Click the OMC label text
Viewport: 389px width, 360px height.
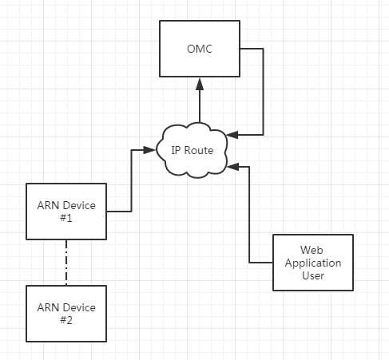coord(200,49)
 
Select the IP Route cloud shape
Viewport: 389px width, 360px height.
coord(192,150)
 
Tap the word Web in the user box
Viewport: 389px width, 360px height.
coord(312,250)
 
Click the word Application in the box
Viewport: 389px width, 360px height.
coord(313,263)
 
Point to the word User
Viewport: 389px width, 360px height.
coord(313,275)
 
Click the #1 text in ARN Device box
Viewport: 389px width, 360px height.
coord(66,218)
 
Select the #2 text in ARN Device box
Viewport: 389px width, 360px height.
coord(66,320)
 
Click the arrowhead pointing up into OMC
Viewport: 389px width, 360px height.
coord(200,84)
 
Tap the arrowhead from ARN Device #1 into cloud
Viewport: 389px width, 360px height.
coord(149,150)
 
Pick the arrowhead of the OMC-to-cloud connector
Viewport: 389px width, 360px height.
coord(232,135)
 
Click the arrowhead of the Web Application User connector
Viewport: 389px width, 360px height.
coord(233,167)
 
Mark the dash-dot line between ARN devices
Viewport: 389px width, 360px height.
coord(66,263)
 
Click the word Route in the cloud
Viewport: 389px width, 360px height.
coord(199,151)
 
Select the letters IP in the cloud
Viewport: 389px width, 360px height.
coord(177,151)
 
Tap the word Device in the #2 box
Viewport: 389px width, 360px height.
coord(79,308)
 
